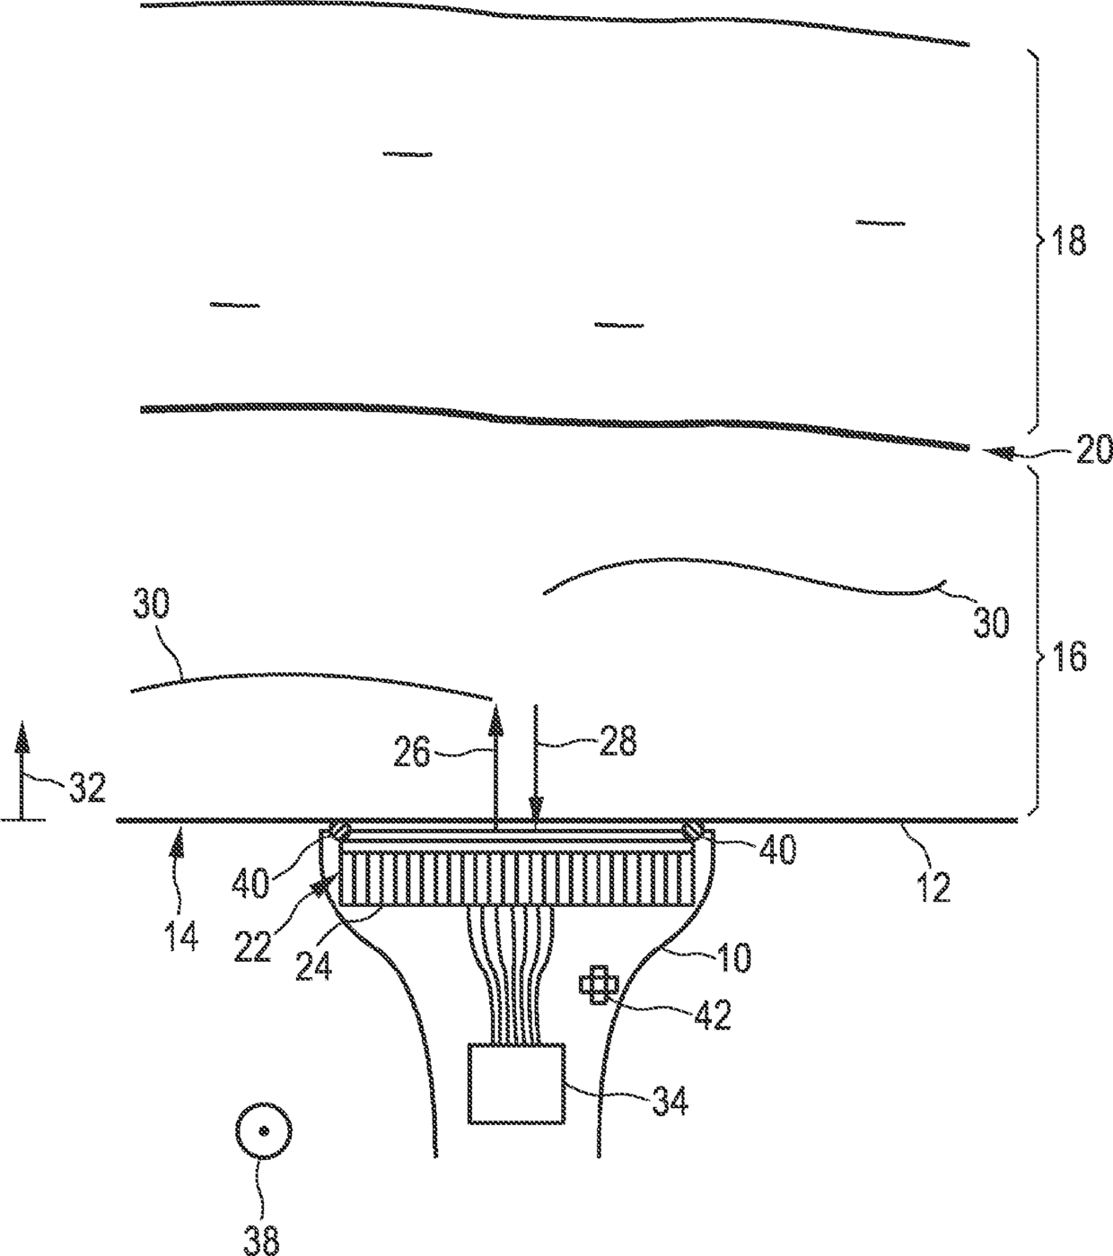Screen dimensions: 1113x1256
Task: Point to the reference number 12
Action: click(933, 888)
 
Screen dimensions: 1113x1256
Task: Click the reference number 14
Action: click(182, 936)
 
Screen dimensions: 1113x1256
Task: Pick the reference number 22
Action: click(252, 946)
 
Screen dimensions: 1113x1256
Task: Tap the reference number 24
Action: click(314, 966)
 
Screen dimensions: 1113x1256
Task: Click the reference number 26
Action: click(412, 753)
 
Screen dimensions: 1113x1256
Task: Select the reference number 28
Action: click(618, 741)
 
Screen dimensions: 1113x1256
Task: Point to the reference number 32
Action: click(87, 789)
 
